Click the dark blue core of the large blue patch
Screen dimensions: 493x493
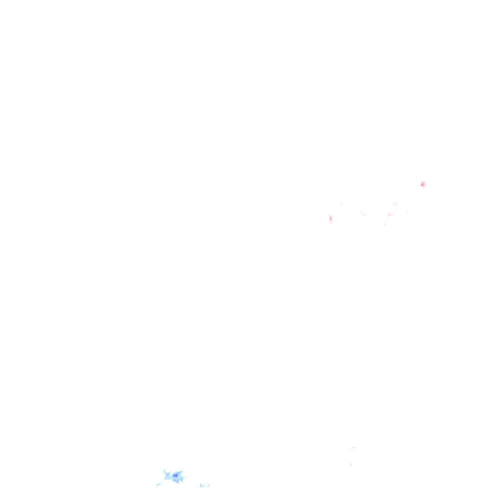(175, 476)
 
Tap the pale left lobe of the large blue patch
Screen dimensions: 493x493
(168, 476)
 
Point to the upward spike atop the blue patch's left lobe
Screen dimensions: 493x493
(164, 470)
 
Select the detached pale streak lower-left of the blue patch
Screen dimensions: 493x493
(159, 484)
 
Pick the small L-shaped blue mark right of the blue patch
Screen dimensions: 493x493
(202, 485)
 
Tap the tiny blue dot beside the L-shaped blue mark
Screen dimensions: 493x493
(208, 486)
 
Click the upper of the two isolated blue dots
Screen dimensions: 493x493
(353, 447)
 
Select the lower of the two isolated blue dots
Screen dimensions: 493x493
(350, 465)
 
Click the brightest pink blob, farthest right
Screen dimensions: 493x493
(422, 184)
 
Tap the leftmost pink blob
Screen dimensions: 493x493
(331, 218)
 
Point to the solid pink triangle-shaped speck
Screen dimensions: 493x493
(389, 214)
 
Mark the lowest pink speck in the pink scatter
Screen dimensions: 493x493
(385, 225)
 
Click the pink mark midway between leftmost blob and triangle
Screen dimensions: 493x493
(362, 213)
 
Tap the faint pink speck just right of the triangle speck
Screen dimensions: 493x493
(407, 210)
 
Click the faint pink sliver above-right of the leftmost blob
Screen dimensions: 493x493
(342, 204)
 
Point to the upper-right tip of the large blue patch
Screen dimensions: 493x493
(182, 471)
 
